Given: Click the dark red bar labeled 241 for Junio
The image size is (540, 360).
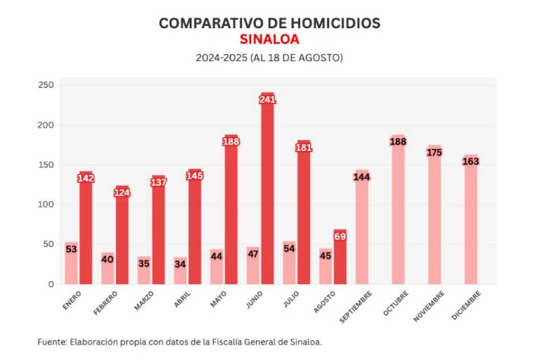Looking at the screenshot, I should pyautogui.click(x=267, y=197).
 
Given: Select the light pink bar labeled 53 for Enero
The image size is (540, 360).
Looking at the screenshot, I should pyautogui.click(x=72, y=267).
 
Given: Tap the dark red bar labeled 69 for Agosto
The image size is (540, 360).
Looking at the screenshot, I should pyautogui.click(x=340, y=264).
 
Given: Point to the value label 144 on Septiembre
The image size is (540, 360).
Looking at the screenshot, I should pyautogui.click(x=362, y=176).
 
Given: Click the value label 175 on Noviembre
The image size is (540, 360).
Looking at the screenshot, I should pyautogui.click(x=435, y=153).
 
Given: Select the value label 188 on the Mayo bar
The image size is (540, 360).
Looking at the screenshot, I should pyautogui.click(x=231, y=141).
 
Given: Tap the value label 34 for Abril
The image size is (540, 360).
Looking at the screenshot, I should pyautogui.click(x=181, y=264).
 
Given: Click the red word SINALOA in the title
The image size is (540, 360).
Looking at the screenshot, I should pyautogui.click(x=269, y=39).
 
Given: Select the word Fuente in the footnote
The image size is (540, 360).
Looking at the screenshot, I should pyautogui.click(x=51, y=342).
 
